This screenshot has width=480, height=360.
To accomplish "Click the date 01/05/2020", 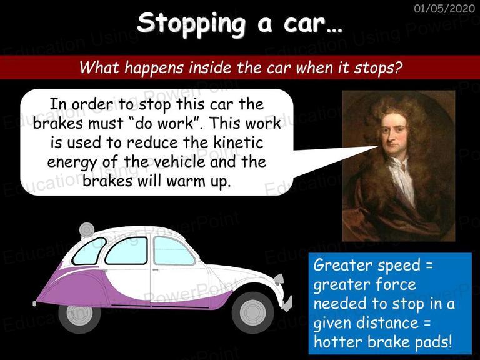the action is click(444, 8).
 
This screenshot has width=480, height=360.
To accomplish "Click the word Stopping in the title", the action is click(191, 24).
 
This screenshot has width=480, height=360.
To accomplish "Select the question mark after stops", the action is click(397, 67).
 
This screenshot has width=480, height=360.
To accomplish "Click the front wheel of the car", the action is click(253, 312).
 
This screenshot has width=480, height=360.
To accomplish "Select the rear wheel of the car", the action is click(79, 316).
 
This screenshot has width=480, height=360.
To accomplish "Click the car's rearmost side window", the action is click(88, 252).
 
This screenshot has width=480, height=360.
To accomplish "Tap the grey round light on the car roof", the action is click(87, 230).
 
